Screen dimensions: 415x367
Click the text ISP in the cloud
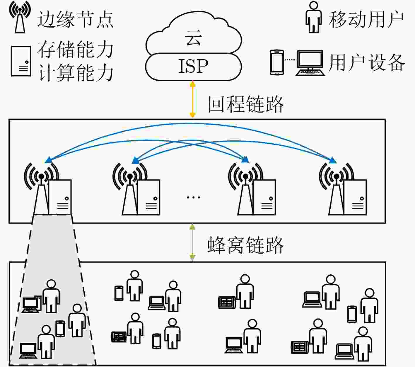193,66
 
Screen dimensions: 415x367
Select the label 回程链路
246,104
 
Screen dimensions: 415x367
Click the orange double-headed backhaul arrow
192,100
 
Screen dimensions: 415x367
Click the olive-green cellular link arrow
192,242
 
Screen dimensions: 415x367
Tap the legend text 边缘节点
75,19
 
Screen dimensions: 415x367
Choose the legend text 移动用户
366,19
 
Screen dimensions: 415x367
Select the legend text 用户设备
367,63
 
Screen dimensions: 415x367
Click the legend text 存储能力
75,49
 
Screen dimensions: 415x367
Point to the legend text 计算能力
75,73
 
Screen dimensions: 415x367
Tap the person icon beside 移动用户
314,17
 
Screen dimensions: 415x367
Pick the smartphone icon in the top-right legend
277,62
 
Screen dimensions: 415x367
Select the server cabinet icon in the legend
21,61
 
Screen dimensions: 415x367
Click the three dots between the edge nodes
194,198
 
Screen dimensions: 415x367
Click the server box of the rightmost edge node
355,198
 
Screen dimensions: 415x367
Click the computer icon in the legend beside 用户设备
310,63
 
